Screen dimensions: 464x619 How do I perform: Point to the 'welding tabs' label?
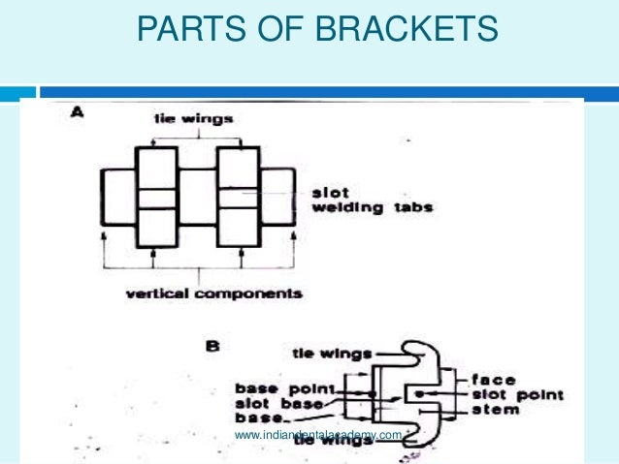pyautogui.click(x=368, y=207)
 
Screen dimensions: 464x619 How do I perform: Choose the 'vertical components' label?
pyautogui.click(x=214, y=293)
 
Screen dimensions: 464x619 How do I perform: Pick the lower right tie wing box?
pyautogui.click(x=237, y=227)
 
